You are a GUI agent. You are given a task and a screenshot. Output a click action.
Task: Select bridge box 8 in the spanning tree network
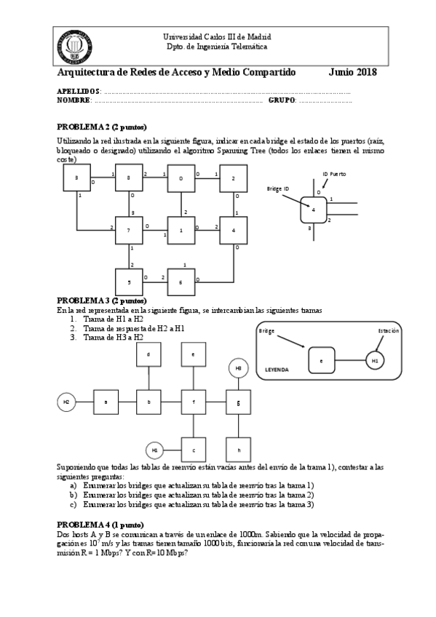(129, 178)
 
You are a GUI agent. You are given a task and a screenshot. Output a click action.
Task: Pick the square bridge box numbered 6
(181, 282)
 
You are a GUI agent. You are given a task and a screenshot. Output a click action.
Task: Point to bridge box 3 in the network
(76, 178)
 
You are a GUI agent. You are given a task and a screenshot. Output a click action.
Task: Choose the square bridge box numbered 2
(233, 178)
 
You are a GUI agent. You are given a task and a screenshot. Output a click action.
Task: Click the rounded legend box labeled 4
(314, 210)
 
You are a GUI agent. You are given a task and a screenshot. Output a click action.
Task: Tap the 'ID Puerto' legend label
(334, 174)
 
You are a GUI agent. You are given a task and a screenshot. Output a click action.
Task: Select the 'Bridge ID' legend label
(278, 188)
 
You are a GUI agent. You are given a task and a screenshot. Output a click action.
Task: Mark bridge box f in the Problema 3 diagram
(194, 401)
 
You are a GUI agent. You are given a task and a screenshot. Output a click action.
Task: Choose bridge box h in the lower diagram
(238, 450)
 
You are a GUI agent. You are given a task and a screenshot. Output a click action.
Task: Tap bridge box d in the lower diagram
(149, 355)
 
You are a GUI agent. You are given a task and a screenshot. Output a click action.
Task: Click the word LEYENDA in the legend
(277, 370)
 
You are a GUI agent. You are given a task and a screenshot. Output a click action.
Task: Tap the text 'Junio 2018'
(352, 73)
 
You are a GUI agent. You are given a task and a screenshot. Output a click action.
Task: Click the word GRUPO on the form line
(282, 100)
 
